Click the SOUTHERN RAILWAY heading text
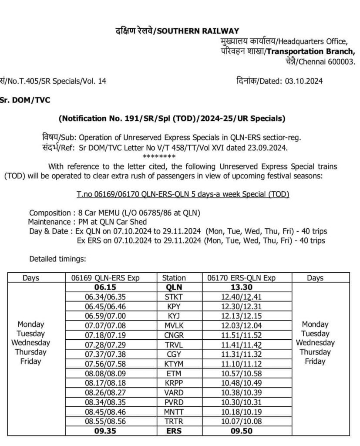[x=198, y=30]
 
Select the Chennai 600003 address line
[x=326, y=61]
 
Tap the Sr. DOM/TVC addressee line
[x=25, y=100]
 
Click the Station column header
[x=174, y=277]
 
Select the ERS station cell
[x=174, y=431]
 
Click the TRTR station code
[x=174, y=422]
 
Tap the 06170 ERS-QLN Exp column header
[x=247, y=277]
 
